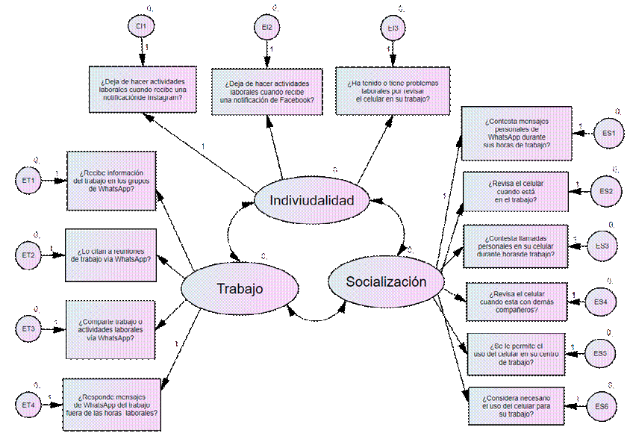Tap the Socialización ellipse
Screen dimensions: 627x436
tap(386, 281)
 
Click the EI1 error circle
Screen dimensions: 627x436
tap(140, 27)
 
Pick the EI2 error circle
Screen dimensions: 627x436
tap(267, 28)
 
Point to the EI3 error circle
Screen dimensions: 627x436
tap(393, 28)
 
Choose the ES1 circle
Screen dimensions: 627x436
tap(608, 133)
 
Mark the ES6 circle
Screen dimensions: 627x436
tap(602, 406)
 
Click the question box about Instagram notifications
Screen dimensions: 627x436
tap(141, 92)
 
